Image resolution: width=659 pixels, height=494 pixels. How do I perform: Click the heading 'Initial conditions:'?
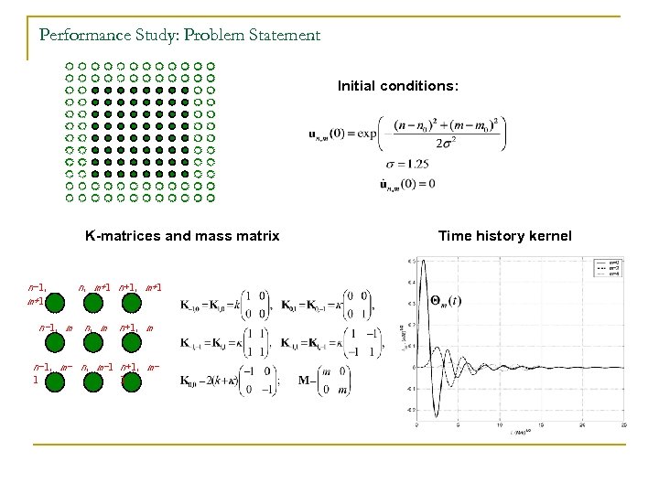click(397, 86)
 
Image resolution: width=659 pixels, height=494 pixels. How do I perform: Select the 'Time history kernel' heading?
click(504, 236)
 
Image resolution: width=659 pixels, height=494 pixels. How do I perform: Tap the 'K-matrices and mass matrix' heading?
click(182, 236)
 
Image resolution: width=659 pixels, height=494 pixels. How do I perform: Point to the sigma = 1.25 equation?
click(405, 164)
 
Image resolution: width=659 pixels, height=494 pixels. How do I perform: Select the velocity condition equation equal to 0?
click(406, 184)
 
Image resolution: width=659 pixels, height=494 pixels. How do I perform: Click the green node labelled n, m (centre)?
click(92, 342)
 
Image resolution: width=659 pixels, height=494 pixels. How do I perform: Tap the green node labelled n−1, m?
click(56, 342)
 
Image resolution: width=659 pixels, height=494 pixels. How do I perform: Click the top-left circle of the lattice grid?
click(70, 67)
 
